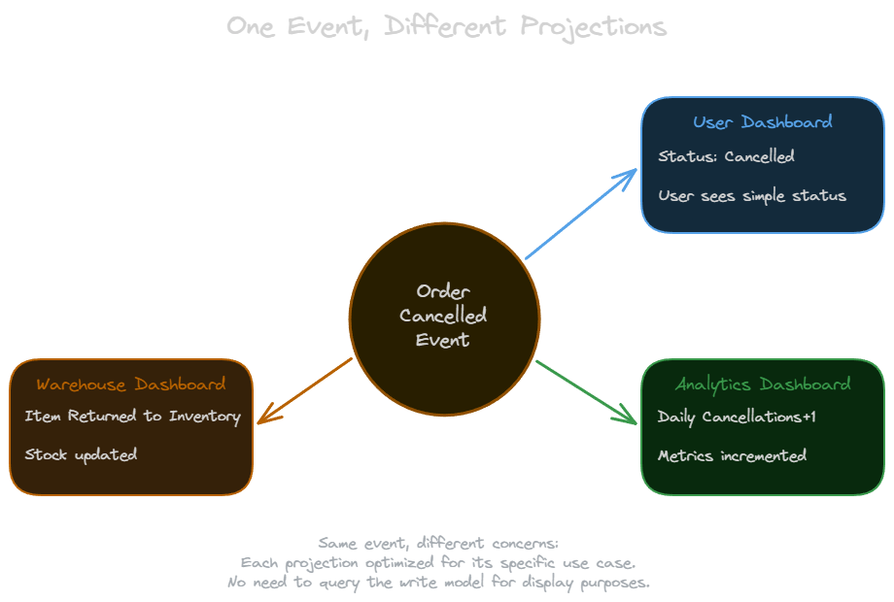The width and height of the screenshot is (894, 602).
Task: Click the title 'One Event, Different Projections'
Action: tap(446, 26)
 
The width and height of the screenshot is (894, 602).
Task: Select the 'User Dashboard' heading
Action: tap(762, 122)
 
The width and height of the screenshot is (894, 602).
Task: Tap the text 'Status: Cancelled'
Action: tap(726, 156)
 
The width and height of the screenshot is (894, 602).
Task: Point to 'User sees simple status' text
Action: tap(752, 195)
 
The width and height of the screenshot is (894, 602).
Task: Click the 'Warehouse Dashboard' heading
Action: tap(131, 385)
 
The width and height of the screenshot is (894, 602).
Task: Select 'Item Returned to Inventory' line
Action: tap(132, 417)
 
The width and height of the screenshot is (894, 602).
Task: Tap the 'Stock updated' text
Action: tap(81, 454)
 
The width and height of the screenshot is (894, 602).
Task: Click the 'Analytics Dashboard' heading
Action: tap(763, 385)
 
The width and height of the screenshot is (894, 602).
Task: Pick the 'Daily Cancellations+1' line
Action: tap(737, 417)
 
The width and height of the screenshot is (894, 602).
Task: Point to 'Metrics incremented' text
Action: tap(732, 455)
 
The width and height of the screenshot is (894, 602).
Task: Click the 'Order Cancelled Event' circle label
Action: tap(443, 316)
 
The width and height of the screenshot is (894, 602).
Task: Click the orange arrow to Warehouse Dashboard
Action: tap(304, 391)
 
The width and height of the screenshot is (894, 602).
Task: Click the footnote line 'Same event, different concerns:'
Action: tap(438, 543)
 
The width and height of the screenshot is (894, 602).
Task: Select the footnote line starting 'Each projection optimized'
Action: tap(438, 563)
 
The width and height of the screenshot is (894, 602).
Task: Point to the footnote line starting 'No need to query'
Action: tap(438, 583)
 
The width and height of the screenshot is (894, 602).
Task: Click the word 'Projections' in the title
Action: tap(593, 26)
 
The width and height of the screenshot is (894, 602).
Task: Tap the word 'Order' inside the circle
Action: tap(443, 291)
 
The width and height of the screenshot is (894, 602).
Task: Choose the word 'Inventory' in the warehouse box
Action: tap(204, 417)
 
